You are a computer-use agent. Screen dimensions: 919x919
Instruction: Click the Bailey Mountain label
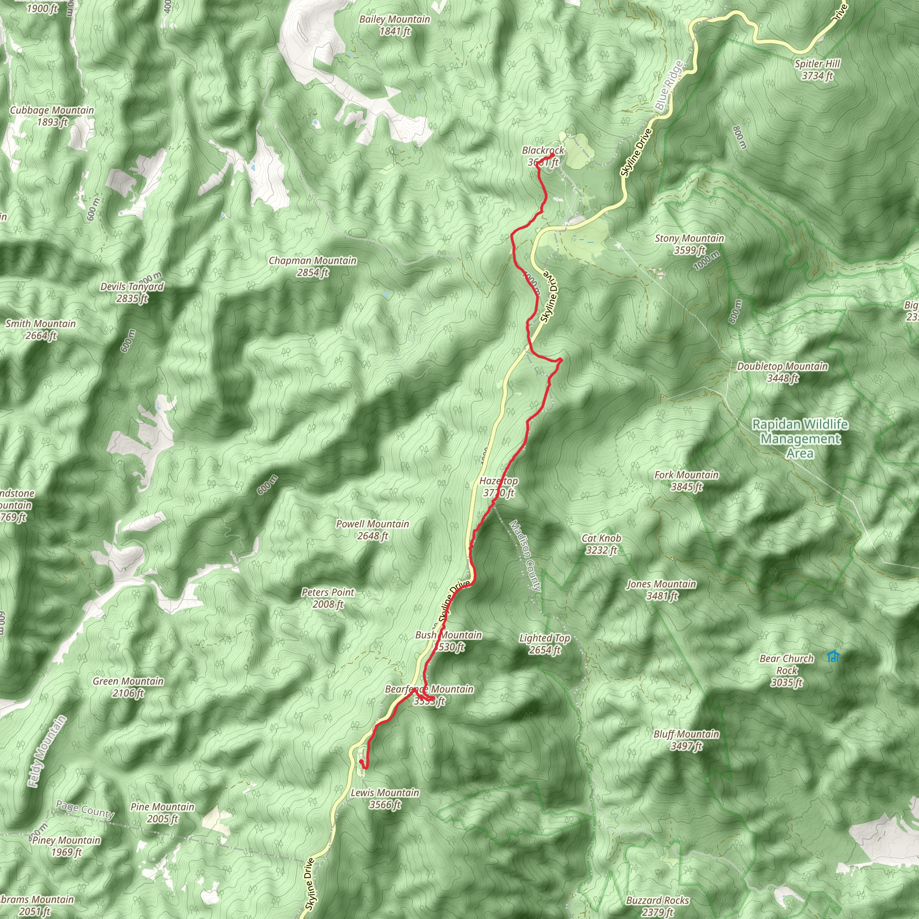(x=394, y=25)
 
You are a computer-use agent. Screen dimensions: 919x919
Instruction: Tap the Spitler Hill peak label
(x=817, y=70)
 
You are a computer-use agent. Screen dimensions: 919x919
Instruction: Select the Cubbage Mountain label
(x=52, y=116)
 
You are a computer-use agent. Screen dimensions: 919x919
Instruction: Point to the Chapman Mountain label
(x=312, y=267)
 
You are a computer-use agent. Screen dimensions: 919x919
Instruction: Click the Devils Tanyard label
(x=132, y=293)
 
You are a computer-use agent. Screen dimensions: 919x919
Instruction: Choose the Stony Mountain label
(x=689, y=244)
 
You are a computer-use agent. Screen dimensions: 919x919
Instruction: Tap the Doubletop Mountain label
(x=782, y=372)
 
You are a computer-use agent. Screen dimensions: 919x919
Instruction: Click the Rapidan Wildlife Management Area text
(x=800, y=438)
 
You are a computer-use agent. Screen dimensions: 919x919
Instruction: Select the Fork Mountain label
(x=687, y=481)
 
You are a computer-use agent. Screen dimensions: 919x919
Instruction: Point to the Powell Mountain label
(x=372, y=530)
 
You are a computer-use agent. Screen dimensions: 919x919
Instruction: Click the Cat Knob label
(x=601, y=544)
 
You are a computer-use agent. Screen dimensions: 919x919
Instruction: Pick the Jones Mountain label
(x=661, y=589)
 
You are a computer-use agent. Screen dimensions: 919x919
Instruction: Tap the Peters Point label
(x=328, y=598)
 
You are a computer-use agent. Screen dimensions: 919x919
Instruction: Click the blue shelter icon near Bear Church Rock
(x=833, y=656)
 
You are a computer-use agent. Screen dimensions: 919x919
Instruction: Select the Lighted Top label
(x=545, y=643)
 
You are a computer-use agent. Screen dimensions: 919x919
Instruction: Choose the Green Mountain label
(x=128, y=687)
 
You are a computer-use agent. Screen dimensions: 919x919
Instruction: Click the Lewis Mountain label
(x=385, y=798)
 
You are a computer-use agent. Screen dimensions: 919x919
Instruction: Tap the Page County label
(x=85, y=809)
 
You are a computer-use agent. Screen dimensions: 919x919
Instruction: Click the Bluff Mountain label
(x=686, y=740)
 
